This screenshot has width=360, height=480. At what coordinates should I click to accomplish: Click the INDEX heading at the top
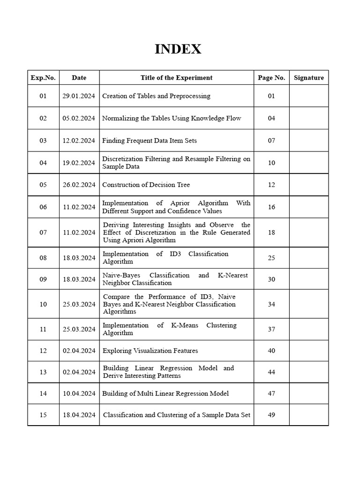[178, 49]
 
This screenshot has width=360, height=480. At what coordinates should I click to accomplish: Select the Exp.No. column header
[43, 78]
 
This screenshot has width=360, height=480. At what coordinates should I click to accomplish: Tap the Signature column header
[308, 78]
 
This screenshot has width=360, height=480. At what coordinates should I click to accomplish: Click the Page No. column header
[271, 78]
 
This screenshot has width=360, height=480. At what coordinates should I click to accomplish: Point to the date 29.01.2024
[79, 96]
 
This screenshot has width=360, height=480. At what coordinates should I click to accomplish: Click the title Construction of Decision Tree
[146, 185]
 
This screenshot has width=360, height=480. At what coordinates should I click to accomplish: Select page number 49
[271, 415]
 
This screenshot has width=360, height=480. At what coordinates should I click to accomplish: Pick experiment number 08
[43, 258]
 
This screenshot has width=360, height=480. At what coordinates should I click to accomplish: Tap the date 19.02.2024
[79, 163]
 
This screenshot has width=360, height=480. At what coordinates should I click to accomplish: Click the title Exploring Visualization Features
[150, 351]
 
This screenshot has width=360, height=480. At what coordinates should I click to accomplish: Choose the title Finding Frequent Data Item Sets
[149, 141]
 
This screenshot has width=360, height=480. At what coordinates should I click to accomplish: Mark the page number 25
[271, 258]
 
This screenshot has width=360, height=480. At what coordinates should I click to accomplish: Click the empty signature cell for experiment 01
[308, 96]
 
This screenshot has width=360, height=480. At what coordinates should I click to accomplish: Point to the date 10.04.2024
[79, 394]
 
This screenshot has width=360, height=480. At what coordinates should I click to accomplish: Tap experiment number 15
[43, 415]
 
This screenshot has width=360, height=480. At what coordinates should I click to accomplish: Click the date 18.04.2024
[79, 415]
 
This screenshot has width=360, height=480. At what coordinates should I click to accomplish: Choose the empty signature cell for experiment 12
[308, 351]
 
